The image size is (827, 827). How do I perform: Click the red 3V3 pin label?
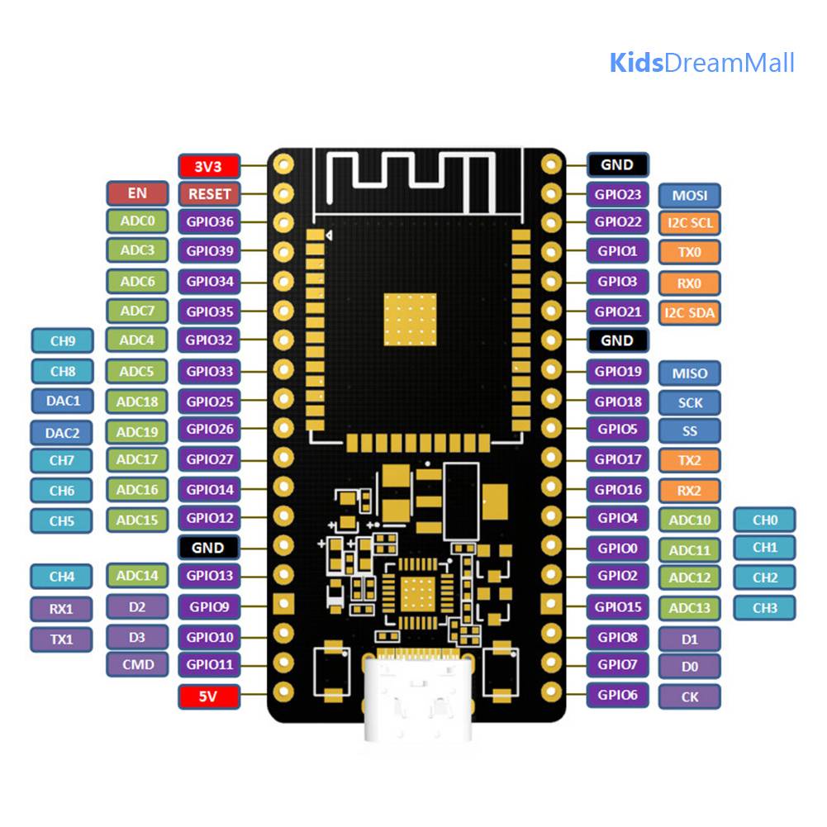pos(209,167)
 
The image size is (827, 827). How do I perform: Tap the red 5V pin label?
pos(209,696)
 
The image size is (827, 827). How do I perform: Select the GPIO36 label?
pos(209,221)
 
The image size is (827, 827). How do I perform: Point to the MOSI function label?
pos(689,196)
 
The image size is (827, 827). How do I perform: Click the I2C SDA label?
pos(689,313)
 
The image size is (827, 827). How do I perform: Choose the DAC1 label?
pos(63,402)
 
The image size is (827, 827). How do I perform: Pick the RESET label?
pos(209,194)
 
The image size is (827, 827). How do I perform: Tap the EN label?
pos(137,193)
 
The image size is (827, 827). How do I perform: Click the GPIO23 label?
pos(618,195)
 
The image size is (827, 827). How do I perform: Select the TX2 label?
pos(689,460)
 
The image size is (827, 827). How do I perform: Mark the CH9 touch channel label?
pos(63,340)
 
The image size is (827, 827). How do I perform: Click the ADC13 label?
pos(689,608)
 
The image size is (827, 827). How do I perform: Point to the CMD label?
pos(138,664)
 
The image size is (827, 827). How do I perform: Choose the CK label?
pos(689,696)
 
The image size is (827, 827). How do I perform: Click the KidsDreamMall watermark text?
pos(702,63)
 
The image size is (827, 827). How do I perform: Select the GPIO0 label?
pos(618,549)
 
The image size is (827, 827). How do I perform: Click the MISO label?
pos(689,373)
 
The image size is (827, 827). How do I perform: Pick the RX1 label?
pos(62,609)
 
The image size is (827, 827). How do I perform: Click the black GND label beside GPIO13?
pos(209,548)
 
